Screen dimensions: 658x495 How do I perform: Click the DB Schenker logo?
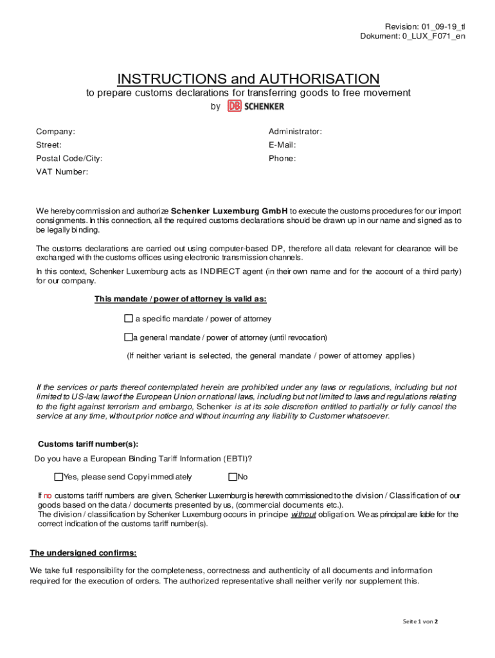[x=256, y=106]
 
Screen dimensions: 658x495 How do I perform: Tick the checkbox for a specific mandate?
[x=128, y=319]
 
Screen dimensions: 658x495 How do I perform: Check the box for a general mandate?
[x=128, y=337]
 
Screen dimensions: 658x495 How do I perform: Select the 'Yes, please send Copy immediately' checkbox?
[x=59, y=477]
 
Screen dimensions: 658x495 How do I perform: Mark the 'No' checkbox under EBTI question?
[x=233, y=477]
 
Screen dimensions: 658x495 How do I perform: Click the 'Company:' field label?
[x=55, y=132]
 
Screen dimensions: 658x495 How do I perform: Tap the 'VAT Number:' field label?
[x=62, y=172]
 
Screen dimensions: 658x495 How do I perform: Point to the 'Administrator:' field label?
[x=295, y=132]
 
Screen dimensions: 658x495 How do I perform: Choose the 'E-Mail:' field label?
[x=282, y=145]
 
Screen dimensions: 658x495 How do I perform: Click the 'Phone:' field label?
[x=282, y=159]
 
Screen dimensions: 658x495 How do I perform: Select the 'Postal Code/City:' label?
[x=69, y=159]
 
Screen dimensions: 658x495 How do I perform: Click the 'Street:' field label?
[x=49, y=145]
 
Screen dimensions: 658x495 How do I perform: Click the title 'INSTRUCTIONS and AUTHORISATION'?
[x=248, y=79]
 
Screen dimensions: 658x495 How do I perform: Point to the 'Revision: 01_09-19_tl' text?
[x=425, y=26]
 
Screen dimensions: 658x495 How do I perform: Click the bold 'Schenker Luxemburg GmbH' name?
[x=229, y=211]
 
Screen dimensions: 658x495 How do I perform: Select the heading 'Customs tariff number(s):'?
[x=88, y=444]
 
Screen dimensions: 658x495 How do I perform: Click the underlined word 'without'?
[x=303, y=515]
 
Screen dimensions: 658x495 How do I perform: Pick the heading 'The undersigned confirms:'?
[x=83, y=553]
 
